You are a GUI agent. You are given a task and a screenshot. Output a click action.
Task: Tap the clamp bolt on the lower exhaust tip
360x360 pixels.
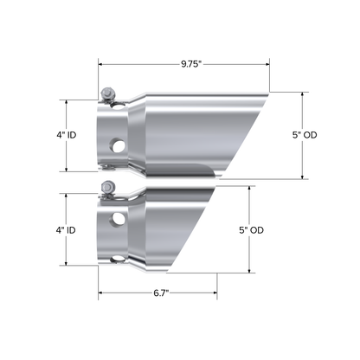tap(106, 189)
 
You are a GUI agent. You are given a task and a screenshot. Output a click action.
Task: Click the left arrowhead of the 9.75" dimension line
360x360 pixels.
tap(100, 63)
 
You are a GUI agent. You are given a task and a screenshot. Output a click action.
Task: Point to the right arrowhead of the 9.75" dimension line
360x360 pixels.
tap(268, 63)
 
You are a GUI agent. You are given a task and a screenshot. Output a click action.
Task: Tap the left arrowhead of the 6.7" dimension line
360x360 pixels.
tap(100, 294)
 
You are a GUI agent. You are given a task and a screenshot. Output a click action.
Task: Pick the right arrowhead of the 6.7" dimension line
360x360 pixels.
tap(215, 294)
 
